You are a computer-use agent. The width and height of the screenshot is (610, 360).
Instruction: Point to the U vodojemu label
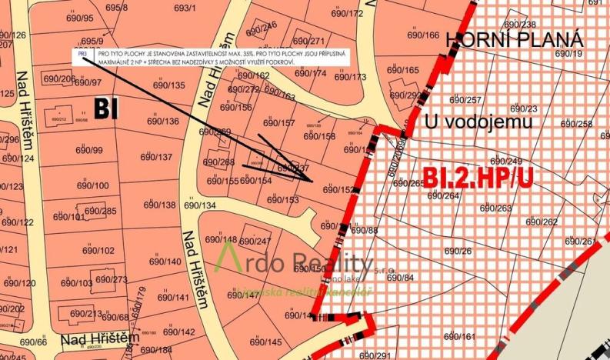pyautogui.click(x=478, y=121)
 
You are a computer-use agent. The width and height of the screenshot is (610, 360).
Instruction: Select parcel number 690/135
pyautogui.click(x=168, y=85)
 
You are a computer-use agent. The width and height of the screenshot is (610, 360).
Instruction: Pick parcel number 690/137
pyautogui.click(x=156, y=157)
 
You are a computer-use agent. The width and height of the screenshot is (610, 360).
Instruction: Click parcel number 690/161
pyautogui.click(x=458, y=337)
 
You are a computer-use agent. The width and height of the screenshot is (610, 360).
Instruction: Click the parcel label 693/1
pyautogui.click(x=185, y=8)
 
